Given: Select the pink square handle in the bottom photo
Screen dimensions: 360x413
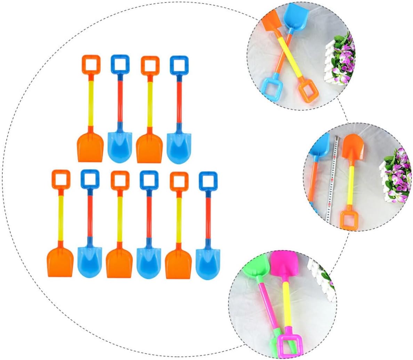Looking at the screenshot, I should click(287, 344).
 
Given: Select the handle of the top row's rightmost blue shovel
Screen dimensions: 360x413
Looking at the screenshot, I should click(179, 65).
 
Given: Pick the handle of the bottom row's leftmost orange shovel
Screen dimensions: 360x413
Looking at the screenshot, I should click(61, 179).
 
